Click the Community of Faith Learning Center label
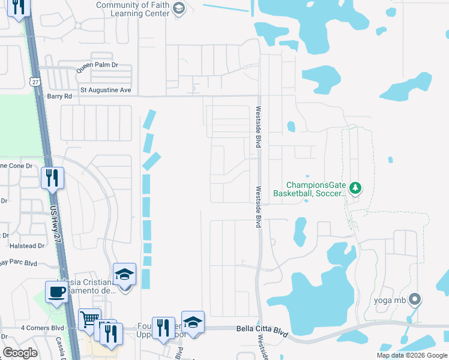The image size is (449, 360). pos(132,9)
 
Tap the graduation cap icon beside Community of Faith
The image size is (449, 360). pos(178,8)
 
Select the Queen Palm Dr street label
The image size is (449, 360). pos(97,67)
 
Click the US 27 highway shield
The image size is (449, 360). pos(35,80)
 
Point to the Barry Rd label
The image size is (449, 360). pos(59,96)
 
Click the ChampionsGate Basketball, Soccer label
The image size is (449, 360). pos(310,189)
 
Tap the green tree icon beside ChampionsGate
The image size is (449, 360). pos(355,188)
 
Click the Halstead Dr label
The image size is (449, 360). pos(27,245)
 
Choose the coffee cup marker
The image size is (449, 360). pos(57,292)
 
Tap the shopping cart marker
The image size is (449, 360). pos(89,319)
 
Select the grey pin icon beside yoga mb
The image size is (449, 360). pos(414,299)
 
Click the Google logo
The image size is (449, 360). pos(20,353)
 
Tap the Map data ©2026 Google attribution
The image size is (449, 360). pos(411,355)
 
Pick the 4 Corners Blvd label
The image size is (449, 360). pos(42,328)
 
